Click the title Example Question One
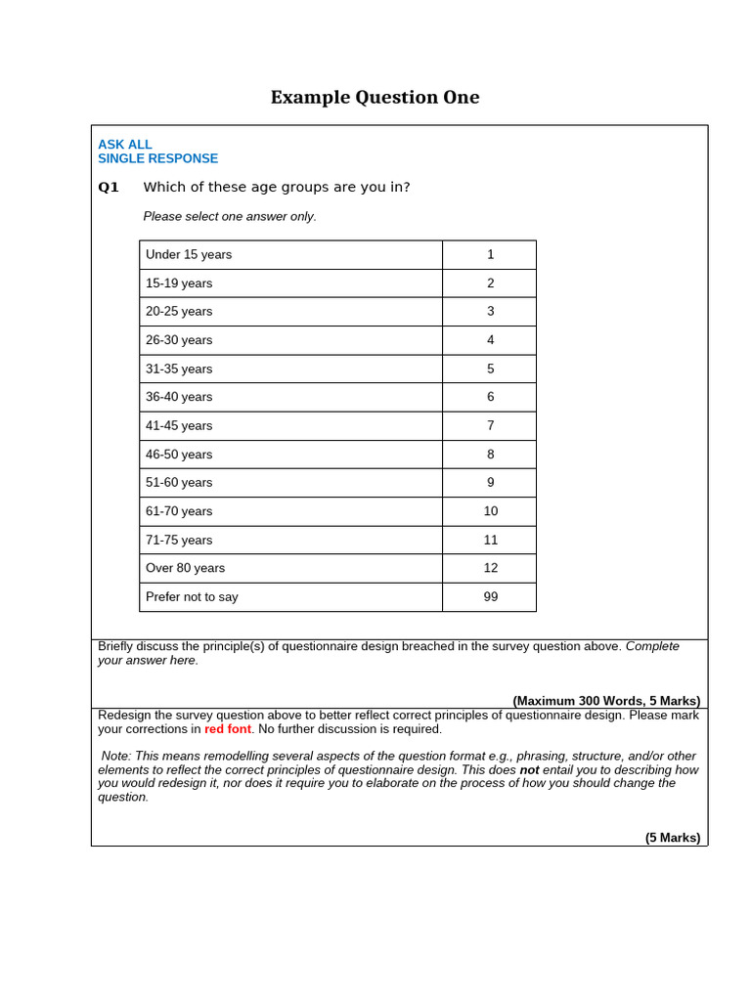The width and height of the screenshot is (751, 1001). pyautogui.click(x=375, y=98)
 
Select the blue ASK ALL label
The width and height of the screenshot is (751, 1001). pyautogui.click(x=125, y=145)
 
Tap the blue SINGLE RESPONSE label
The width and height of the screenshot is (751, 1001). pyautogui.click(x=157, y=158)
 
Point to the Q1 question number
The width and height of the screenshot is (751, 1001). pyautogui.click(x=109, y=188)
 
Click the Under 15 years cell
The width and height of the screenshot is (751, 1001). pyautogui.click(x=189, y=254)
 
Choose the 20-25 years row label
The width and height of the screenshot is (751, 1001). pyautogui.click(x=179, y=311)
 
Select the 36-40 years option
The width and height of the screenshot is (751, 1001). pyautogui.click(x=179, y=397)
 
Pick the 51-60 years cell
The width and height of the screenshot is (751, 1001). pyautogui.click(x=179, y=482)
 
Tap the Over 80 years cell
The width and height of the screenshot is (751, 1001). pyautogui.click(x=185, y=568)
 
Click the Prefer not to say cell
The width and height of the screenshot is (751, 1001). pyautogui.click(x=192, y=596)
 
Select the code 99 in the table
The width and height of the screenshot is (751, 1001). pyautogui.click(x=490, y=596)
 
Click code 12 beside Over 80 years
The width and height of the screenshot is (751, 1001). pyautogui.click(x=490, y=568)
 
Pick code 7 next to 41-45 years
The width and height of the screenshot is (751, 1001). pyautogui.click(x=490, y=425)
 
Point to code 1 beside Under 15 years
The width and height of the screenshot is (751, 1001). pyautogui.click(x=490, y=254)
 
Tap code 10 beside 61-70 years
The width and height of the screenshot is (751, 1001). pyautogui.click(x=490, y=511)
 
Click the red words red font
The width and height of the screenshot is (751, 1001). pyautogui.click(x=228, y=729)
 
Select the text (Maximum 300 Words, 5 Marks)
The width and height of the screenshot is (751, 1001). pyautogui.click(x=606, y=701)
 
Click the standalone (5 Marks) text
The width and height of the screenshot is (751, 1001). pyautogui.click(x=673, y=838)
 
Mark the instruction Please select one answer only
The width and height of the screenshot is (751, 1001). pyautogui.click(x=230, y=217)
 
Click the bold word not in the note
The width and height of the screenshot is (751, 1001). pyautogui.click(x=529, y=770)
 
